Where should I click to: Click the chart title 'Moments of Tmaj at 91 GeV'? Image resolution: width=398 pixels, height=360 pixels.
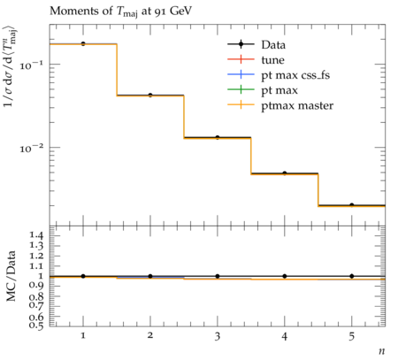tap(120, 11)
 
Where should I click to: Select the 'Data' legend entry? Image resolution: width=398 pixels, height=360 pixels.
tap(256, 44)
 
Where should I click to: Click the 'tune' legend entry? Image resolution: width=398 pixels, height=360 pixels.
tap(256, 60)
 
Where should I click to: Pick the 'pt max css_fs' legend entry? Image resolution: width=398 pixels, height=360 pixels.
tap(279, 75)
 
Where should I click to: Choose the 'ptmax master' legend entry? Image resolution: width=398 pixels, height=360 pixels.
tap(280, 105)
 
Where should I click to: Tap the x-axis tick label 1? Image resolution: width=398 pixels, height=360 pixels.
tap(83, 335)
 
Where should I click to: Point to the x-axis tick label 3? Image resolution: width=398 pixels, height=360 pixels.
tap(218, 336)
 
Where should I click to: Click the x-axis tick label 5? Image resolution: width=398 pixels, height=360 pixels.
tap(351, 336)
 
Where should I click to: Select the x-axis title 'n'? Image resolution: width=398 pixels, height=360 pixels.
tap(381, 351)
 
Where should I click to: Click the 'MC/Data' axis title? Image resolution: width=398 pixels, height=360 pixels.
tap(11, 276)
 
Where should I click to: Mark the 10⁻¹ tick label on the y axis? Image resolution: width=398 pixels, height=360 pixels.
tap(33, 65)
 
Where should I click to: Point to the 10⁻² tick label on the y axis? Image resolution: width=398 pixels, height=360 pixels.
tap(33, 148)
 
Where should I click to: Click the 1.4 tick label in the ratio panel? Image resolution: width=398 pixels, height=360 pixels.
tap(36, 235)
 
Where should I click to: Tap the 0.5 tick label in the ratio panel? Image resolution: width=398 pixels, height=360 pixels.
tap(36, 326)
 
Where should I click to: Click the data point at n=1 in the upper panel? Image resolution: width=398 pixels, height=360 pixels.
tap(83, 43)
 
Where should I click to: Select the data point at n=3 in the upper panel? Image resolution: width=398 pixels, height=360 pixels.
tap(218, 137)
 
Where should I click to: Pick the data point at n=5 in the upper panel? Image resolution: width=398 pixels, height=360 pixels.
tap(351, 205)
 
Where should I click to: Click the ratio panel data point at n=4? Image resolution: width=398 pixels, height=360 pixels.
tap(285, 276)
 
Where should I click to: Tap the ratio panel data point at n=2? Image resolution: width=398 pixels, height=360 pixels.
tap(150, 276)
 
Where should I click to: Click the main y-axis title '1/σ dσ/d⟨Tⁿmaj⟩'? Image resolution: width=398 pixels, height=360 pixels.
tap(11, 67)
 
